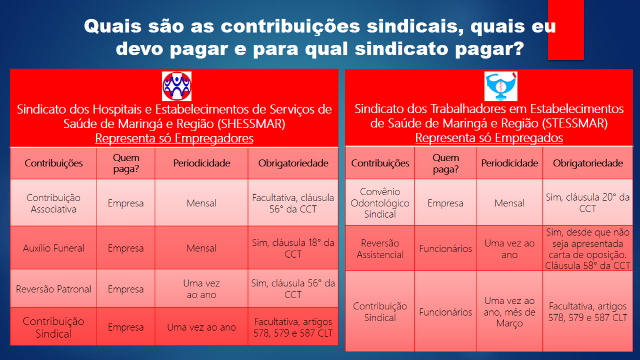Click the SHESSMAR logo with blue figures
coord(177,86)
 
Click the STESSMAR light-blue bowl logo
coord(501,86)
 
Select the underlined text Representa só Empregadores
coord(174,138)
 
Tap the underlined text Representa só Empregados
coord(489,138)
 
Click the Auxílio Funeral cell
coord(53,248)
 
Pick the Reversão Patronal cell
coord(53,289)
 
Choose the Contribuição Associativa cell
coord(53,203)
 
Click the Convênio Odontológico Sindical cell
coord(380,203)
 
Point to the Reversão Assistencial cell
coord(380,249)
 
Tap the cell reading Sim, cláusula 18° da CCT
coord(293,248)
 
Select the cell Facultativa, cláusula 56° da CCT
coord(293,203)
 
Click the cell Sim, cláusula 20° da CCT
coord(588,203)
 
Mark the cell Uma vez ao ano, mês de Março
coord(509,311)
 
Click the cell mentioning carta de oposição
coord(588,249)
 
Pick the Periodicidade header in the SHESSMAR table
coord(202,163)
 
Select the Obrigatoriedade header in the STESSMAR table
coord(588,163)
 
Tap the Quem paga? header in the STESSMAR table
coord(445,163)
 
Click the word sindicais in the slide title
coord(415,26)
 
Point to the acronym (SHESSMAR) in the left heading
coord(251,124)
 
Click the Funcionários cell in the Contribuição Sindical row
coord(445,311)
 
